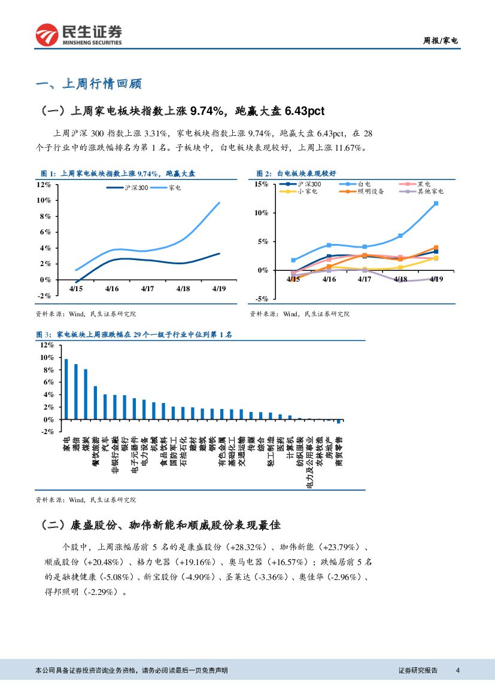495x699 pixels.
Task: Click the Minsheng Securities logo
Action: click(x=78, y=35)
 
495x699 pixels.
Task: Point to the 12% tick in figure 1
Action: click(x=44, y=184)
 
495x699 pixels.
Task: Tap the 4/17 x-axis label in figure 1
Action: click(x=148, y=289)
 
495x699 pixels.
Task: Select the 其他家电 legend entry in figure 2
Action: click(x=430, y=191)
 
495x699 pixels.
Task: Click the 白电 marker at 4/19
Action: click(x=436, y=203)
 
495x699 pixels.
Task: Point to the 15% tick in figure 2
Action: click(x=262, y=184)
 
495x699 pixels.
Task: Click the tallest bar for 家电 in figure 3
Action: click(x=66, y=389)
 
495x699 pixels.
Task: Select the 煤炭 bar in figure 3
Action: click(x=86, y=395)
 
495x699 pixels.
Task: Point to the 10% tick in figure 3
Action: click(x=47, y=358)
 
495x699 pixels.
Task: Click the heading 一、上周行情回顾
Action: click(x=89, y=84)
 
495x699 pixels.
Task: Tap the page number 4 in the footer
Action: click(x=458, y=670)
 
